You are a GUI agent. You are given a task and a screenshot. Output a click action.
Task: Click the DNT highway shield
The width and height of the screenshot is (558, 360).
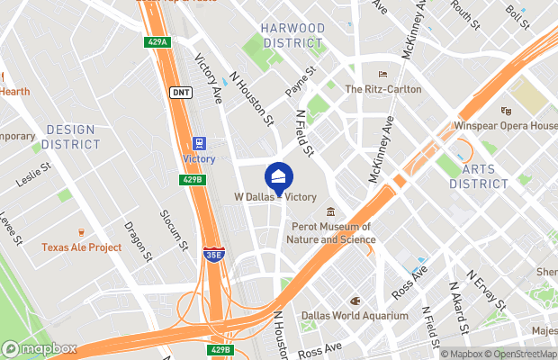coord(180,92)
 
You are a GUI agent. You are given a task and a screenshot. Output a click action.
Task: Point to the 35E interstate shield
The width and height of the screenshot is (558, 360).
coord(213,256)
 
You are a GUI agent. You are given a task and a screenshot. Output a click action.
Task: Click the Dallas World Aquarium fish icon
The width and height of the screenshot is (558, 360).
coord(355,301)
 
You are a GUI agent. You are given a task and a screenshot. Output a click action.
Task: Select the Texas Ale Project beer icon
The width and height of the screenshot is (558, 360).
coord(81,232)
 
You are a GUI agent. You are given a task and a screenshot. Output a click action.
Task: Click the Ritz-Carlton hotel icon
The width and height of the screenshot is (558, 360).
coord(382,75)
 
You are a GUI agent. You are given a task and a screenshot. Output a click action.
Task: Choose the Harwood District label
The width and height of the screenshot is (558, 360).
coord(292,35)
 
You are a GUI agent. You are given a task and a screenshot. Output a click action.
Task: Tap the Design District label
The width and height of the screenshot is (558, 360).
coord(71,137)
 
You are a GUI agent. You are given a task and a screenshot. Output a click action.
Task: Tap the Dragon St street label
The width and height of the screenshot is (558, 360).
coord(139,238)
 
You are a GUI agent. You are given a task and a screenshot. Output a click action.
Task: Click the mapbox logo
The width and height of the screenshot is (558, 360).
coord(40,348)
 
